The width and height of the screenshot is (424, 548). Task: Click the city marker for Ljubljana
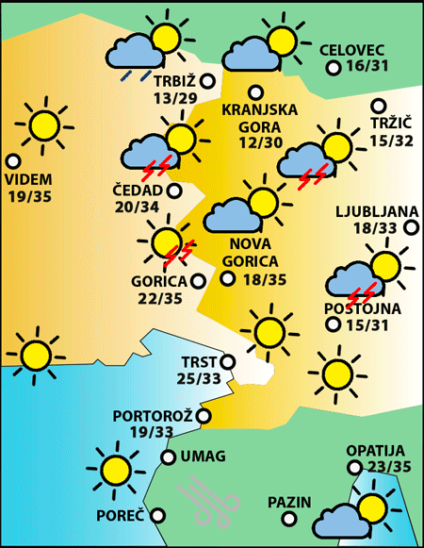click(x=411, y=227)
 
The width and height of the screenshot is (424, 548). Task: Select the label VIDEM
click(x=29, y=179)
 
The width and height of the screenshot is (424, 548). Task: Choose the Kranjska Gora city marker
click(x=255, y=92)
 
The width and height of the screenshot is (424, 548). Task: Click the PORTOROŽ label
click(x=152, y=416)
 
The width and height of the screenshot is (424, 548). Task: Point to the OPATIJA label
click(x=375, y=450)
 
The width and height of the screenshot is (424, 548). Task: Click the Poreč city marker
click(x=158, y=516)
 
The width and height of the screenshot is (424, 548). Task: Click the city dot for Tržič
click(x=379, y=107)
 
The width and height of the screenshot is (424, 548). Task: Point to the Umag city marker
click(x=168, y=457)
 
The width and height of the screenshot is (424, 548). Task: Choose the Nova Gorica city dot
click(x=227, y=278)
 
